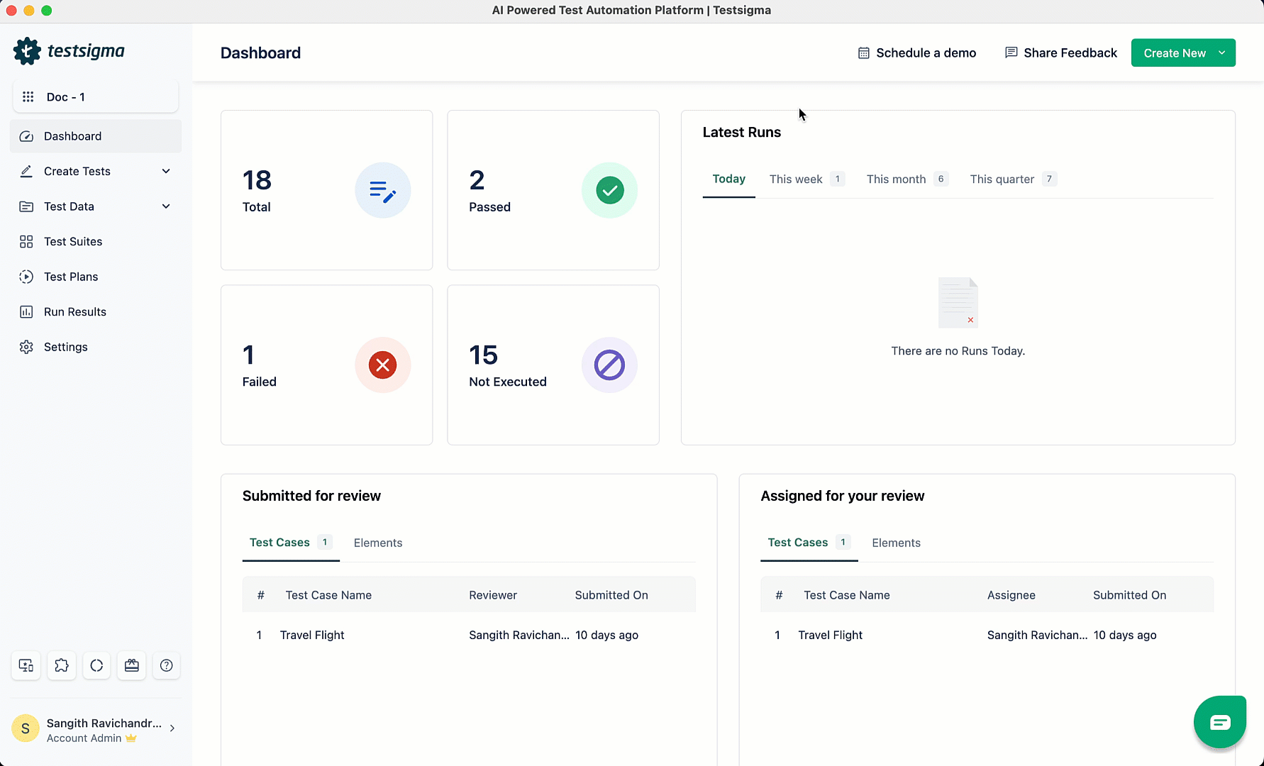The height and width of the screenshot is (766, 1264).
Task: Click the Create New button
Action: click(x=1174, y=53)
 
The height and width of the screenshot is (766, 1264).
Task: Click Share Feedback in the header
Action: click(x=1061, y=53)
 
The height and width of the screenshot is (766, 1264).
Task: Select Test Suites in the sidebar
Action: click(x=72, y=242)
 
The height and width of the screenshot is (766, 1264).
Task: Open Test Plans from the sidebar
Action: click(x=71, y=277)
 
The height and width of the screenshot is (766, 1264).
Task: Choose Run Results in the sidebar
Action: click(x=74, y=312)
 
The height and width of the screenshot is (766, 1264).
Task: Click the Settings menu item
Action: click(x=65, y=347)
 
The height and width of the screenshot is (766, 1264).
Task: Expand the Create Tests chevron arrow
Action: click(x=166, y=172)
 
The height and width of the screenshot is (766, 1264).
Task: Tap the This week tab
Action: click(x=796, y=179)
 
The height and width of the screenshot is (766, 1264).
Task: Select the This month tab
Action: click(x=896, y=179)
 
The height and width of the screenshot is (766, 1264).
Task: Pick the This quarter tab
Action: click(x=1002, y=179)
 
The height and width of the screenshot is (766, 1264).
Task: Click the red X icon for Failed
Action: click(x=382, y=365)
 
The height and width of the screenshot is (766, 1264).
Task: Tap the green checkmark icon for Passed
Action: click(x=609, y=190)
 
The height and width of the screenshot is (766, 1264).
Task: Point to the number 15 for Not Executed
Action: click(x=483, y=355)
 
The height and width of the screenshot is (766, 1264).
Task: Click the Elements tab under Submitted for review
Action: click(x=378, y=543)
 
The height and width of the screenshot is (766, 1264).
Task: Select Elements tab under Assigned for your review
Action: click(x=896, y=543)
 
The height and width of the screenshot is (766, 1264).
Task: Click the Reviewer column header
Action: click(x=493, y=595)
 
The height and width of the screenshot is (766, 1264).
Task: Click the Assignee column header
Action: click(x=1011, y=595)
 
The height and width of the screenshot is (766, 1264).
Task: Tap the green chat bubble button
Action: click(x=1219, y=722)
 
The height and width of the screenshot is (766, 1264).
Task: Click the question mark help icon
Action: click(x=167, y=665)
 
